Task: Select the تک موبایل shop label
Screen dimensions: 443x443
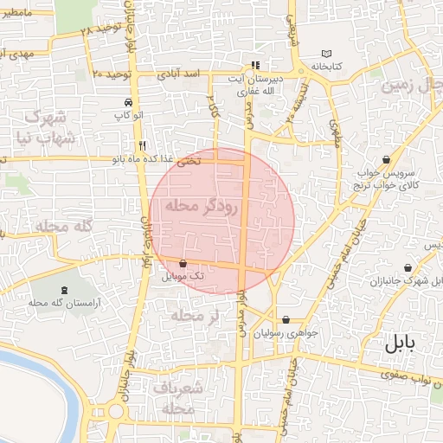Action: tap(183, 276)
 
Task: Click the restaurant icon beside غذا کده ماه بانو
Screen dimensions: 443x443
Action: tap(141, 145)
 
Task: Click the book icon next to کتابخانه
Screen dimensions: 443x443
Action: tap(325, 52)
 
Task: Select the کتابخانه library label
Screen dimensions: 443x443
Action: tap(325, 66)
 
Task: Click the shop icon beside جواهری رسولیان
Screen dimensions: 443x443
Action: tap(286, 319)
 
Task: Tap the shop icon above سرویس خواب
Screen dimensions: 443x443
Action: tap(385, 159)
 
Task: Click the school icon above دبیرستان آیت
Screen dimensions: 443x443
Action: tap(254, 65)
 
